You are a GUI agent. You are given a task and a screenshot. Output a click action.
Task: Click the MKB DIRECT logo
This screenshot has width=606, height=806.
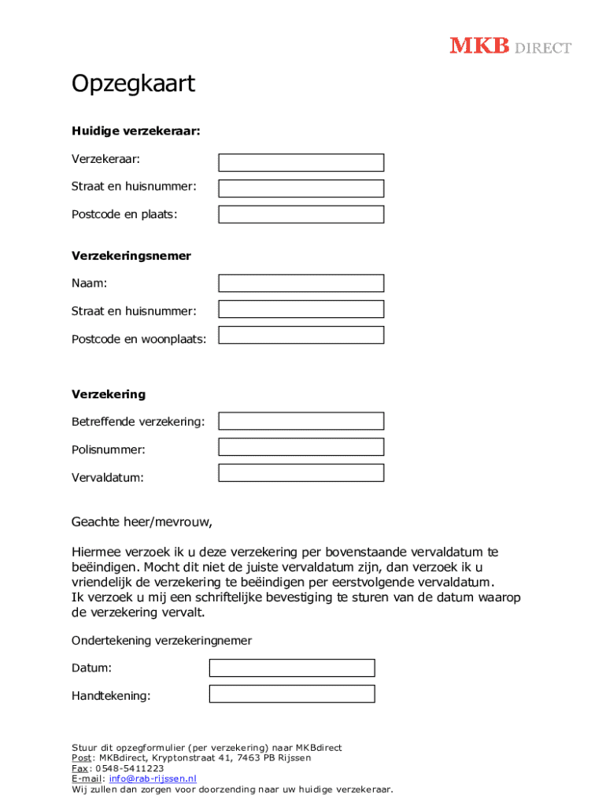click(510, 46)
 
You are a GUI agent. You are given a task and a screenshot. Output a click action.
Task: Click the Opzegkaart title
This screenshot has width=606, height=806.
click(133, 84)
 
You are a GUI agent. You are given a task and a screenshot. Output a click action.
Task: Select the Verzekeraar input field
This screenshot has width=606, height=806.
click(301, 163)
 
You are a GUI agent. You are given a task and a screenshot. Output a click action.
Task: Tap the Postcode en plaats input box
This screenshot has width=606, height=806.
click(301, 214)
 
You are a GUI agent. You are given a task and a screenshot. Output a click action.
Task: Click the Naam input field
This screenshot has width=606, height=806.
click(301, 283)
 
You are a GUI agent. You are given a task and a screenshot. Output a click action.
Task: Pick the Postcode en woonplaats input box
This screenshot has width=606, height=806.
click(301, 335)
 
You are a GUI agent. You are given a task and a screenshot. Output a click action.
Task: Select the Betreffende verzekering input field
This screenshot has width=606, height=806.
click(301, 421)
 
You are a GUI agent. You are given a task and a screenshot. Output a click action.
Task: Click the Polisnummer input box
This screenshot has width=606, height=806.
click(301, 447)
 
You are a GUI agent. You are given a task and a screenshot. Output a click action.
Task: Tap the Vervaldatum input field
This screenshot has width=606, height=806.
click(301, 473)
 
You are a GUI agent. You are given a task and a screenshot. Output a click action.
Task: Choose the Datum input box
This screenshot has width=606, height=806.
click(291, 668)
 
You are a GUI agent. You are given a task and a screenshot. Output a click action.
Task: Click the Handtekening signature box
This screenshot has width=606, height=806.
click(291, 694)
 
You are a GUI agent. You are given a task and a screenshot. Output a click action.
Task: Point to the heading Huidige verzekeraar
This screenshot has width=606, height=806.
click(135, 131)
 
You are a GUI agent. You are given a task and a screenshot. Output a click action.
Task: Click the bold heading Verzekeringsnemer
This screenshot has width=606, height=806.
click(131, 256)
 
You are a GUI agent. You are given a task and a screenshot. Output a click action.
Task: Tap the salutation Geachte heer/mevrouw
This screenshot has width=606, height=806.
click(142, 522)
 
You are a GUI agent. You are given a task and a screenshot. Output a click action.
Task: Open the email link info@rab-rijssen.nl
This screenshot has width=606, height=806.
click(152, 778)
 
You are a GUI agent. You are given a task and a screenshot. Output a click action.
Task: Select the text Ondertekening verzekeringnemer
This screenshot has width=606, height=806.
click(161, 641)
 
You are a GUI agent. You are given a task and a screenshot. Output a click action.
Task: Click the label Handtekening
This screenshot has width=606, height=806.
click(111, 696)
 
